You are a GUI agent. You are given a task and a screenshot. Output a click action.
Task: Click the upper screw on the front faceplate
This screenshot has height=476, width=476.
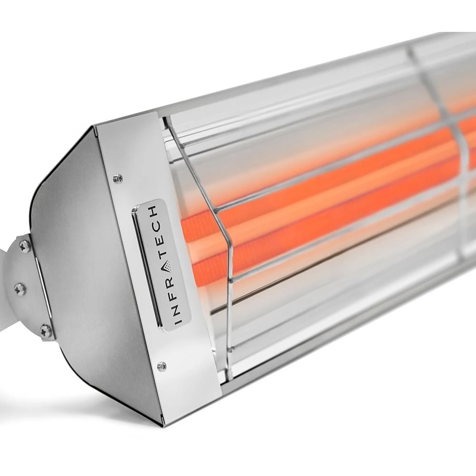[118, 178]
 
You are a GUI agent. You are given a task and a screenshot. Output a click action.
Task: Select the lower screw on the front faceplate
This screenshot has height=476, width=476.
[161, 366]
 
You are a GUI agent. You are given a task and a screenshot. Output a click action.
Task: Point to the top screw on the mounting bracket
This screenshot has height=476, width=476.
[25, 246]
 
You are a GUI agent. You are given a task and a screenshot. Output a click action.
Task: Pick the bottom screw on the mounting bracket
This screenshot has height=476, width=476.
[46, 330]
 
